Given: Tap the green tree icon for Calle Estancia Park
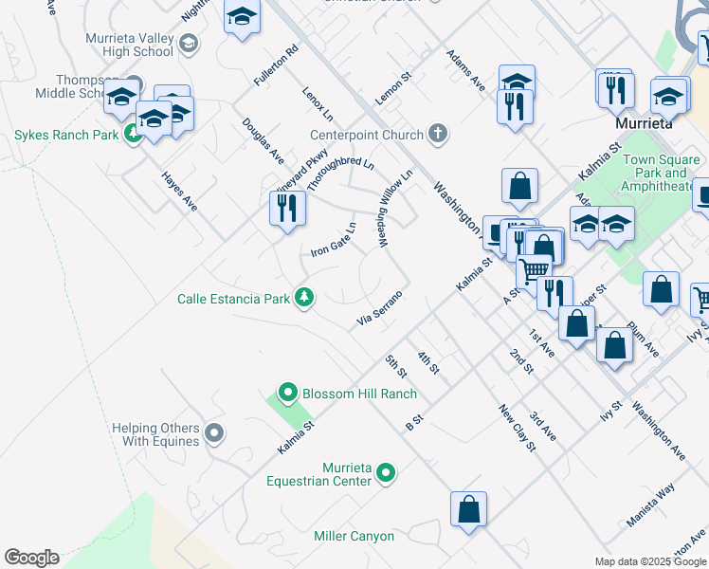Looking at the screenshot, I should click(x=304, y=298).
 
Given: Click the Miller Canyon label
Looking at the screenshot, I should click(x=354, y=537).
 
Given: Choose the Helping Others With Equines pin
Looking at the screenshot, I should click(x=214, y=434).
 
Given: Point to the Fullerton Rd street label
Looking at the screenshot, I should click(x=276, y=66).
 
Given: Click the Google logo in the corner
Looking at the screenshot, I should click(x=31, y=558).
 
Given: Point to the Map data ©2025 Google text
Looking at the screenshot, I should click(x=649, y=561).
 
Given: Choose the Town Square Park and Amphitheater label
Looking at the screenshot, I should click(x=662, y=174).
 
